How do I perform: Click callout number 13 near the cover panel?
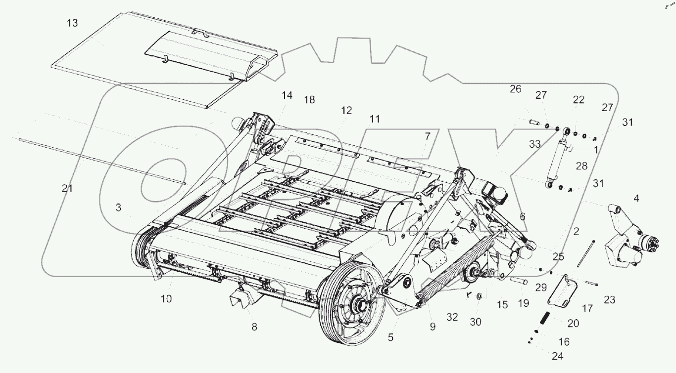[73, 23]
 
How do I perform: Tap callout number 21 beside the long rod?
[67, 188]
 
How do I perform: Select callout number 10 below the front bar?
[166, 298]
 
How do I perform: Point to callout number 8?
[254, 327]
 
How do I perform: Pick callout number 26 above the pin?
[516, 89]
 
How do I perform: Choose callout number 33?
[535, 144]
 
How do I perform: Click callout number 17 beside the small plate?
[587, 308]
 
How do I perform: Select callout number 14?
[288, 96]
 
